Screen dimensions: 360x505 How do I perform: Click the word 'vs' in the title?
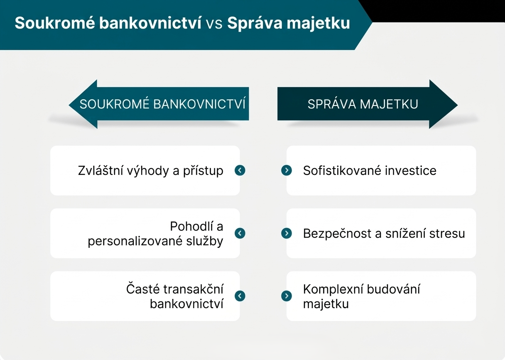pyautogui.click(x=214, y=23)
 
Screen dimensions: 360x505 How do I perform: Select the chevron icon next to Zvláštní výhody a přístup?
pyautogui.click(x=240, y=170)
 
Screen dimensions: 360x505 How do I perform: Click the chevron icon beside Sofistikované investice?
pyautogui.click(x=287, y=170)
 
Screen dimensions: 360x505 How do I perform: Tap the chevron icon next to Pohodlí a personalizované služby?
pyautogui.click(x=240, y=233)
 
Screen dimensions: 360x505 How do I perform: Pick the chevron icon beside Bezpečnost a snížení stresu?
pyautogui.click(x=287, y=233)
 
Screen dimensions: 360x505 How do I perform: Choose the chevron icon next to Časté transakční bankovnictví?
pyautogui.click(x=240, y=296)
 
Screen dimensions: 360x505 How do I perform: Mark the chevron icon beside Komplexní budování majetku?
pyautogui.click(x=287, y=296)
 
